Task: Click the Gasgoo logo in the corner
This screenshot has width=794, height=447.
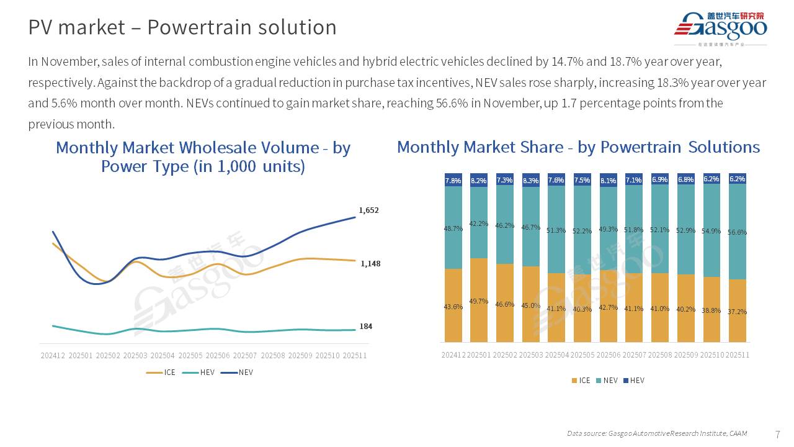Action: pos(720,29)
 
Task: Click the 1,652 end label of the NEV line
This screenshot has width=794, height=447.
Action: pos(368,210)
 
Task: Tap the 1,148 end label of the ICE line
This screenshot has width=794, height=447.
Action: pos(370,264)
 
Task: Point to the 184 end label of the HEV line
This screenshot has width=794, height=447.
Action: pos(366,327)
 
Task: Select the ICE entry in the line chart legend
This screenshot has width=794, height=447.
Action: pos(161,372)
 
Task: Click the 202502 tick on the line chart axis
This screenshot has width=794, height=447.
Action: pos(108,356)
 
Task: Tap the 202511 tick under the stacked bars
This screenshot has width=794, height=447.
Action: pos(738,355)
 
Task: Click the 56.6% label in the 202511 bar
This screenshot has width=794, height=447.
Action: pos(738,232)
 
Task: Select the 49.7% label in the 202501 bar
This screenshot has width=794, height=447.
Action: pos(479,301)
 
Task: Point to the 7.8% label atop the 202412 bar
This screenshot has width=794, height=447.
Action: pos(453,181)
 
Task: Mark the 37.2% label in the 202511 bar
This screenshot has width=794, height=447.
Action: pos(738,312)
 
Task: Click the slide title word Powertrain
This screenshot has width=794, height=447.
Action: pos(242,27)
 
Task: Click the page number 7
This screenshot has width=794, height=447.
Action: pos(778,434)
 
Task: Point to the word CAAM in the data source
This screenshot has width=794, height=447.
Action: pos(738,433)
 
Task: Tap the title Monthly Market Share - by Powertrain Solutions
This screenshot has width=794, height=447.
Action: pos(578,147)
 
